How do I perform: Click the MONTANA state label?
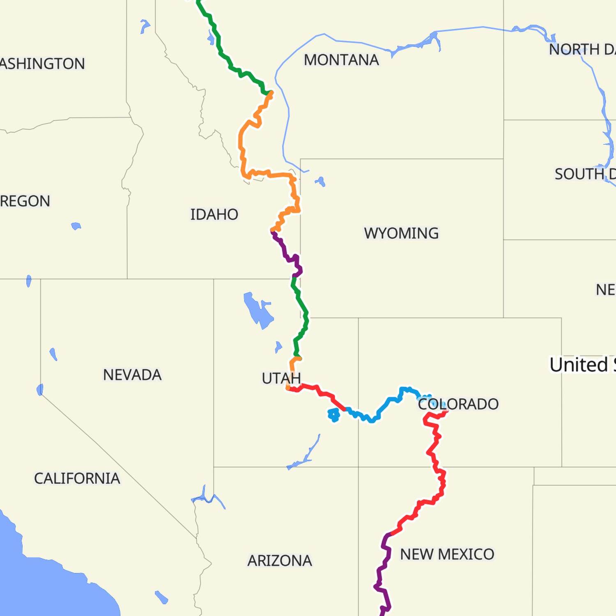(x=341, y=60)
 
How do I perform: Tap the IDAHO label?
(x=214, y=214)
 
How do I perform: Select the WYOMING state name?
(x=401, y=233)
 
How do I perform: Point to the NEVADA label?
(x=132, y=375)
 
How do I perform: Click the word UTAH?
(x=281, y=378)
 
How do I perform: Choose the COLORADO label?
(x=458, y=404)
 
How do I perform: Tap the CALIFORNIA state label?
(x=77, y=478)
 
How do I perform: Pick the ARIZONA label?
(x=280, y=561)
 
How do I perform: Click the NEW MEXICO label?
(x=447, y=554)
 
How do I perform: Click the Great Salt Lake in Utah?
(x=258, y=310)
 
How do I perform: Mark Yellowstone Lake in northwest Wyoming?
(x=320, y=181)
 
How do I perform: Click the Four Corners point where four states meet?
(x=359, y=467)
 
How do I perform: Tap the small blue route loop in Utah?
(x=333, y=415)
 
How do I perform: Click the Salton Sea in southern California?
(x=161, y=597)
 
